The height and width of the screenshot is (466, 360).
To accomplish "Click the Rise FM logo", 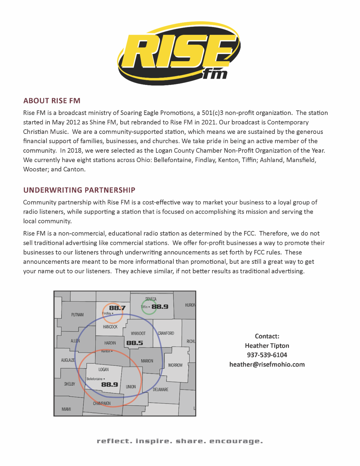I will pos(179,53).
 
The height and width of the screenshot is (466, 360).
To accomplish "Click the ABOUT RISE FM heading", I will pos(52,101).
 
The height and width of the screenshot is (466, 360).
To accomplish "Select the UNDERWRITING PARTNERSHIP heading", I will pos(79,190).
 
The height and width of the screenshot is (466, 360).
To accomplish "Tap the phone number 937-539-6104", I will pos(267,355).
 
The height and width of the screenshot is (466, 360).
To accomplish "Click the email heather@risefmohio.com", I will pos(267,365).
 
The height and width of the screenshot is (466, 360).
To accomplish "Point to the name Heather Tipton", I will pos(267,346).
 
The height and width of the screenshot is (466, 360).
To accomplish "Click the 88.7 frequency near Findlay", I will pos(117,308).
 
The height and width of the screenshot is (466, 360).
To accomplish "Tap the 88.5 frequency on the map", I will pos(135,343).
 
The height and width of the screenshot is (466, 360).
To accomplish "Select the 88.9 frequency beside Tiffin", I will pos(160,307).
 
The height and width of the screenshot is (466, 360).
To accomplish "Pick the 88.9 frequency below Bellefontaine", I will pos(109,385).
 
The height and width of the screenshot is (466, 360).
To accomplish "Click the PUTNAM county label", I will pos(77,315).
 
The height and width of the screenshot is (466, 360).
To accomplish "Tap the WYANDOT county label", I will pos(138,333).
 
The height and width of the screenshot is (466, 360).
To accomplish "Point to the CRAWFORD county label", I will pos(166,333).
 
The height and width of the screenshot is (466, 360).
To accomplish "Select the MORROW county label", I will pos(175,365).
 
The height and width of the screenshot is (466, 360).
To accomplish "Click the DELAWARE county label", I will pos(160,389).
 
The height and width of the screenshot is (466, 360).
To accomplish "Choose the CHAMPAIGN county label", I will pos(102,403).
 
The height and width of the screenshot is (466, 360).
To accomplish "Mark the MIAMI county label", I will pos(66,409).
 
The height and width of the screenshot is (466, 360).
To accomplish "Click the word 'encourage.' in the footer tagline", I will pos(236,441).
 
